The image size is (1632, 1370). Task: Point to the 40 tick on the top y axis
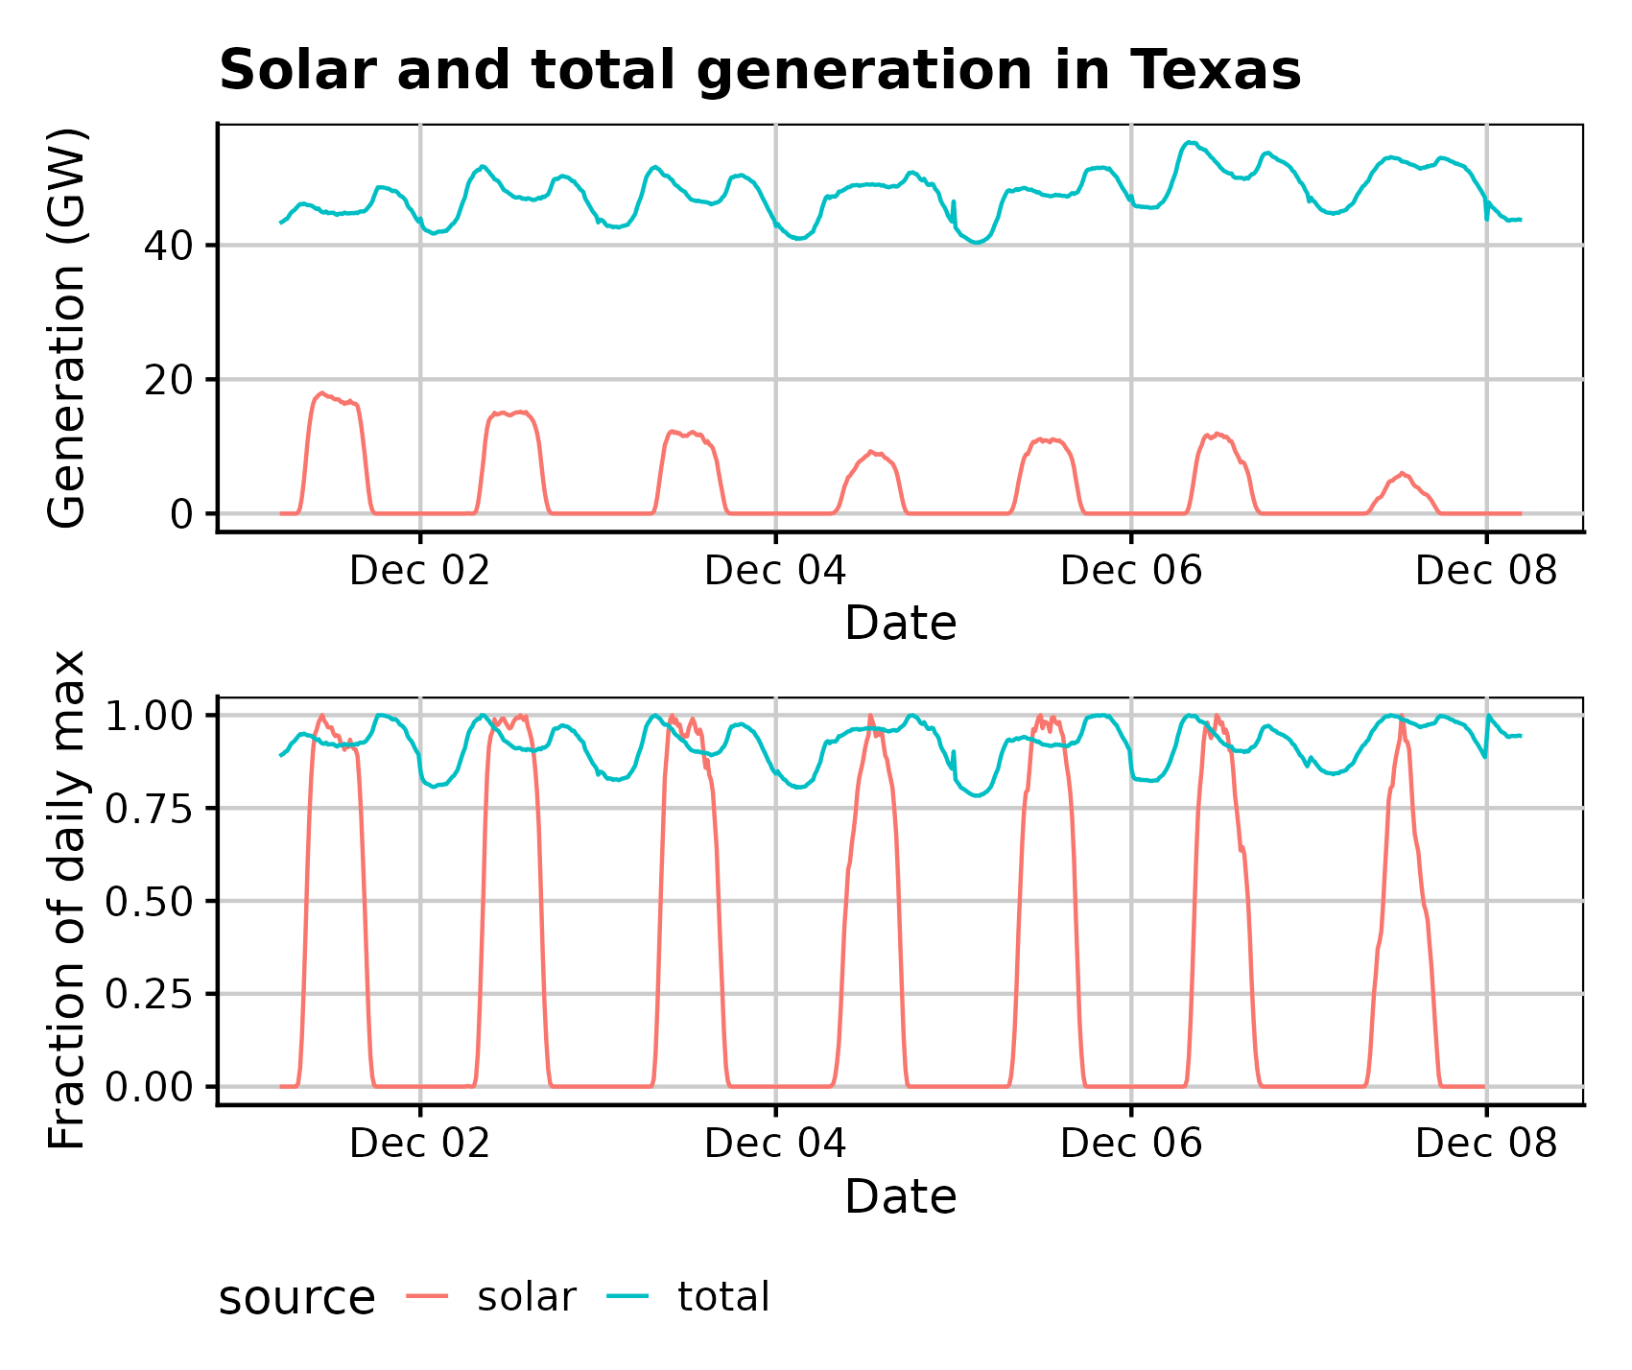[x=168, y=246]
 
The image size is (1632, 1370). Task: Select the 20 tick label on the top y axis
[x=168, y=380]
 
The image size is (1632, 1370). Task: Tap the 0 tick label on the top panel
[x=181, y=514]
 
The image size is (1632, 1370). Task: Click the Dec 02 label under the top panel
[x=419, y=571]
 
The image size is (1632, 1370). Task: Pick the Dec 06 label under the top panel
[x=1130, y=571]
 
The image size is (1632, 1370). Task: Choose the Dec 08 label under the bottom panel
[x=1485, y=1144]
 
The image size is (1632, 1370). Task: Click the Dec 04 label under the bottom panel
[x=775, y=1144]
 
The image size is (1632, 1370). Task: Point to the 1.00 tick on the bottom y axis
[x=149, y=716]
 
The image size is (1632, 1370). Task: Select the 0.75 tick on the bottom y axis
[x=149, y=809]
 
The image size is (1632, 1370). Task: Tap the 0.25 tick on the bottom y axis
[x=149, y=994]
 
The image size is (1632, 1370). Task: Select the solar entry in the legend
[x=526, y=1297]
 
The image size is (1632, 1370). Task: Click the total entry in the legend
[x=723, y=1297]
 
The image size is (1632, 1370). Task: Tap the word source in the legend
[x=296, y=1299]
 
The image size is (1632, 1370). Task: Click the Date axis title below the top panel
[x=900, y=624]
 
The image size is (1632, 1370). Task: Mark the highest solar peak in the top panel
[x=322, y=393]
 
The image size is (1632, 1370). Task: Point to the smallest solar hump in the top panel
[x=1402, y=474]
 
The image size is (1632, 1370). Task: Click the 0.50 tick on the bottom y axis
[x=149, y=901]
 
